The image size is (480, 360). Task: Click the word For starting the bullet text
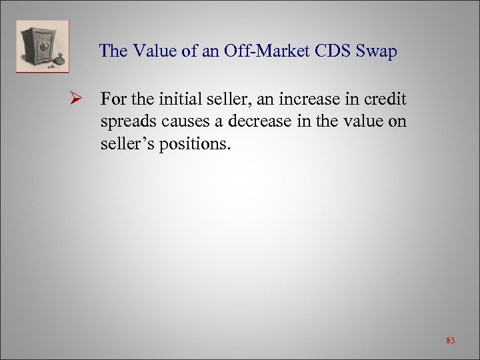point(113,100)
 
